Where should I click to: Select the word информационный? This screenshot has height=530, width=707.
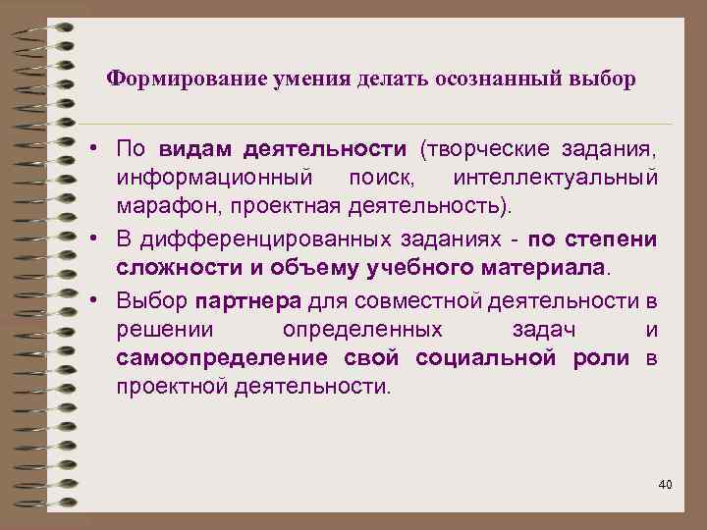[215, 180]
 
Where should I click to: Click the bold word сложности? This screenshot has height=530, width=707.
[165, 269]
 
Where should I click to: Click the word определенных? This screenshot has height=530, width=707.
[362, 329]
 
